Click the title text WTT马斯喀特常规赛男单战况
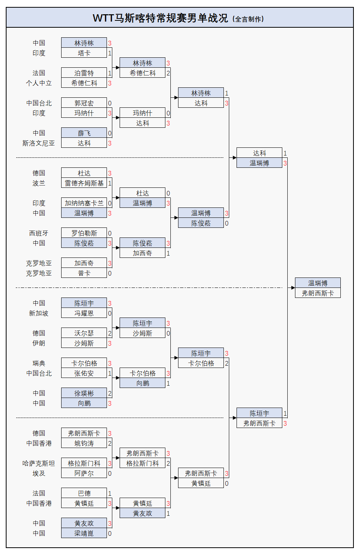(160, 18)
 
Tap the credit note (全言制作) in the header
(248, 19)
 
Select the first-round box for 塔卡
(84, 53)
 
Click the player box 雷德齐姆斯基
(84, 183)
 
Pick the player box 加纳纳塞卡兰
(84, 203)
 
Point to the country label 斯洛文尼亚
(38, 143)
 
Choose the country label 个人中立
(38, 83)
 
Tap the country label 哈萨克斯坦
(38, 463)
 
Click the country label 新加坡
(38, 313)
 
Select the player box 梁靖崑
(84, 533)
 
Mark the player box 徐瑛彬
(84, 393)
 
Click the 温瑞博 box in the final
(318, 283)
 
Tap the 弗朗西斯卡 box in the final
(318, 293)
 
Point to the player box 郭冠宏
(84, 103)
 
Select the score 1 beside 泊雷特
(110, 73)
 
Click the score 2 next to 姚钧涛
(110, 443)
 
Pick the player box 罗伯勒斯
(84, 233)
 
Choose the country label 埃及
(38, 473)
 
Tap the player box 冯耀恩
(84, 313)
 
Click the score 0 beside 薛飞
(110, 133)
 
